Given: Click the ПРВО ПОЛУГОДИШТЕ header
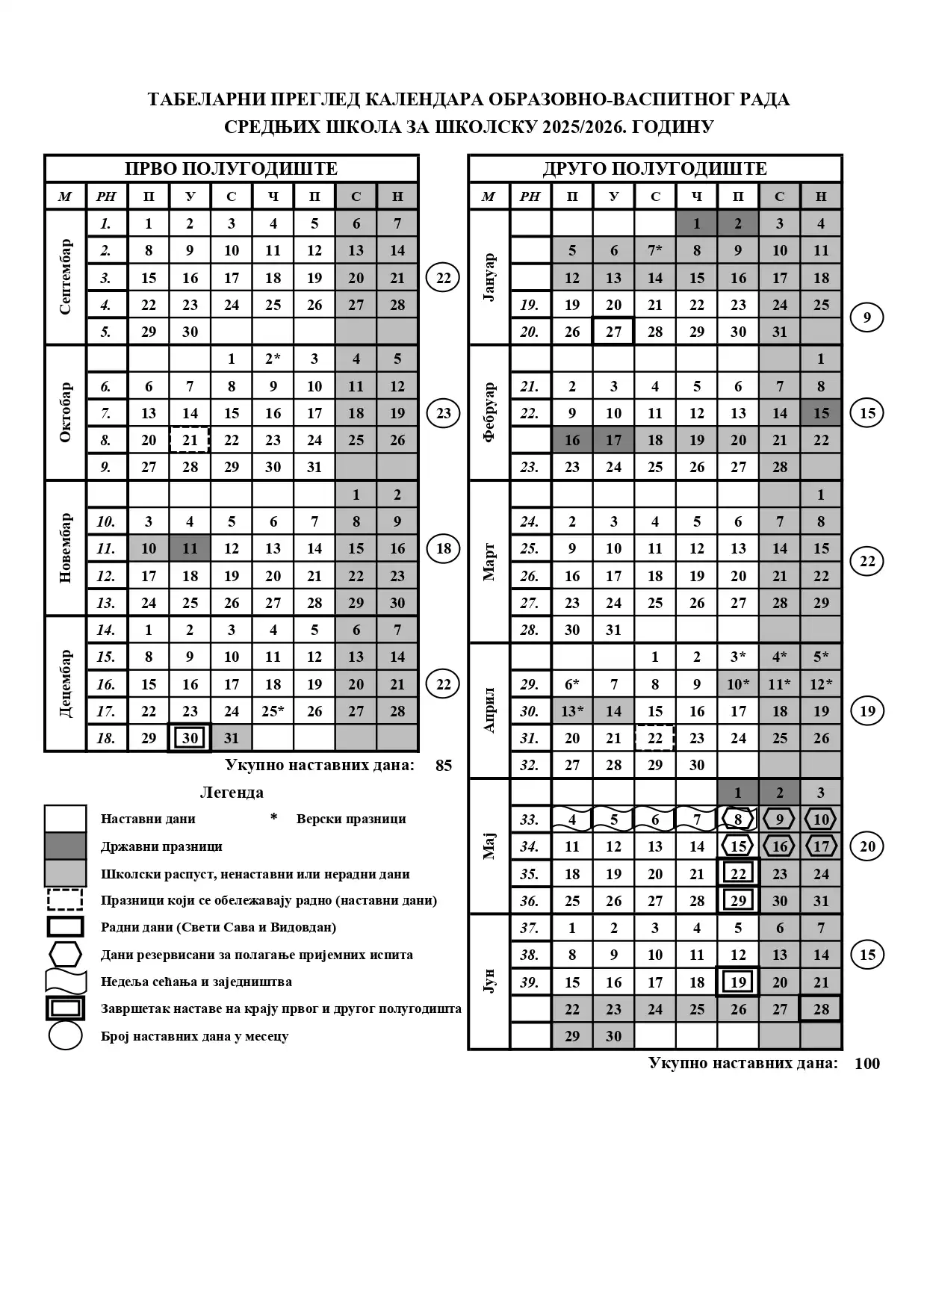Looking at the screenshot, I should point(231,168).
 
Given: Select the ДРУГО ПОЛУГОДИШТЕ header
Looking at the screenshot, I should point(654,168).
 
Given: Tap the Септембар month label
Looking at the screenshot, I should point(66,277).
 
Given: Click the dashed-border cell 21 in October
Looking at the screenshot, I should point(190,440).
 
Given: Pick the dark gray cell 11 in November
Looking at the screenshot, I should point(190,548).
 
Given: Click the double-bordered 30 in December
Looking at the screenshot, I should point(190,738).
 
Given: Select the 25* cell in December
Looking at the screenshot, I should point(273,711).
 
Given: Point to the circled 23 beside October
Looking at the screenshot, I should point(444,413).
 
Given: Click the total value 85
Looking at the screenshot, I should point(444,765).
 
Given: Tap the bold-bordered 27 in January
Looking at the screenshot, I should point(613,332).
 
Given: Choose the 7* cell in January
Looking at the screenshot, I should point(654,250).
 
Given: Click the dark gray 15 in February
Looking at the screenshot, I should point(821,413).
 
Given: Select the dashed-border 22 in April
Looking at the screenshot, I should point(654,738).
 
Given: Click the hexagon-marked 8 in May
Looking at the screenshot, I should point(738,819).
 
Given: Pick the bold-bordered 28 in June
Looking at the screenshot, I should point(821,1009).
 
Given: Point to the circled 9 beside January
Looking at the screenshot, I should point(866,318).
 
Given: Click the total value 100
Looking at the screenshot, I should point(866,1063).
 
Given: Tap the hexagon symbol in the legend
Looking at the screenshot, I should point(65,955).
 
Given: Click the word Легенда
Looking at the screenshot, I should point(232,792).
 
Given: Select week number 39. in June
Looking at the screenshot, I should point(530,982).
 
